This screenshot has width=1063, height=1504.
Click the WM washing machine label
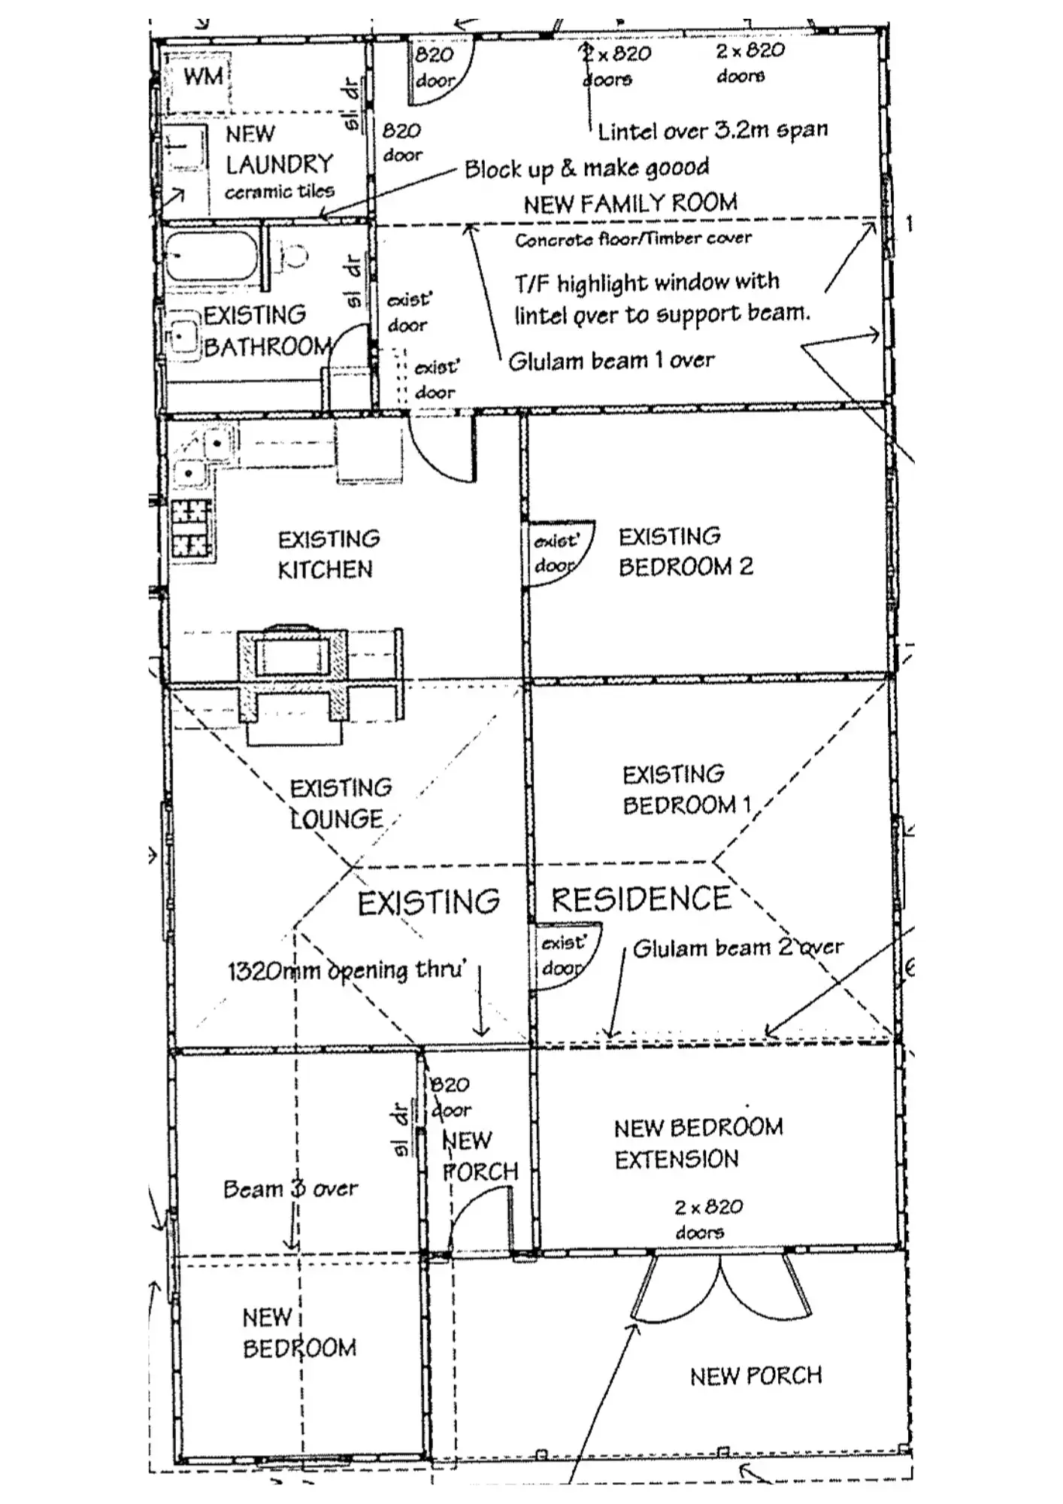point(203,76)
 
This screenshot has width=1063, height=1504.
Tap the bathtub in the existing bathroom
point(211,256)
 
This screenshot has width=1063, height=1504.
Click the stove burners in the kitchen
point(190,528)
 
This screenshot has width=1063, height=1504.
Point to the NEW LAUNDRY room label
point(279,150)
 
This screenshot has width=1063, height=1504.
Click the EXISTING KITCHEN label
point(328,554)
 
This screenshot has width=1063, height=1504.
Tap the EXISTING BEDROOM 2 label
point(685,551)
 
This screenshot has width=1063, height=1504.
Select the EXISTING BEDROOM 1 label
point(686,790)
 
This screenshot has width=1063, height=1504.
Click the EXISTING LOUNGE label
point(341,803)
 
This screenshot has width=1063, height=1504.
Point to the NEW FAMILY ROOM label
point(630,203)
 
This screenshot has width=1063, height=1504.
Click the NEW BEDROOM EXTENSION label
point(698,1143)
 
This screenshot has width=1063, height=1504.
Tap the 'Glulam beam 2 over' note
point(737,948)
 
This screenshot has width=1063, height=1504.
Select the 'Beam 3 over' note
point(290,1189)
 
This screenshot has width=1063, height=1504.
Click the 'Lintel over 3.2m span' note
point(712,131)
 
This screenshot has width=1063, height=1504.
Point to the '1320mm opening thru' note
point(347,970)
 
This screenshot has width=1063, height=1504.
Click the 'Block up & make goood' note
point(586,168)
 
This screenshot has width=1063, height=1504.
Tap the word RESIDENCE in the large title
point(641,899)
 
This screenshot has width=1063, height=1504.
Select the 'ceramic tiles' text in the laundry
point(279,192)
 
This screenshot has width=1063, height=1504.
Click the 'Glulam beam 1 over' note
point(611,361)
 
